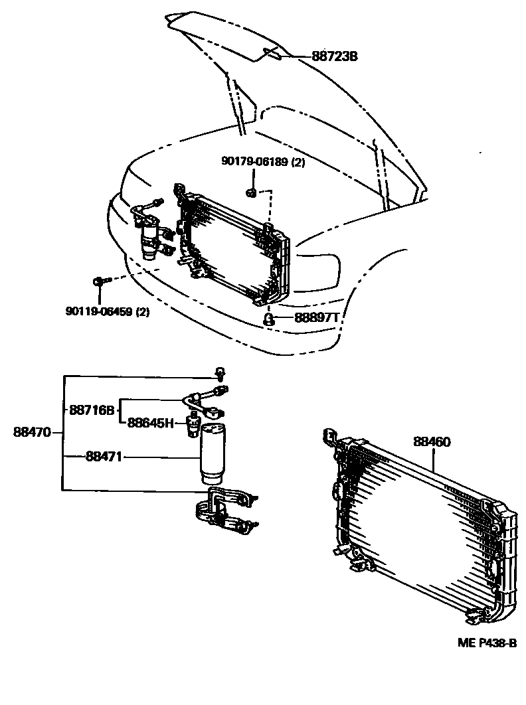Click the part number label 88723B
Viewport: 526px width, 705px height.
coord(335,57)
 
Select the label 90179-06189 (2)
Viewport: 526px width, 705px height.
coord(263,161)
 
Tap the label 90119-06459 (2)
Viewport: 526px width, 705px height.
coord(108,311)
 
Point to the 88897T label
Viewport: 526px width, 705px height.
coord(316,318)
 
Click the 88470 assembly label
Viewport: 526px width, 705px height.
coord(32,432)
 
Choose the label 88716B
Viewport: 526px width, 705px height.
coord(92,410)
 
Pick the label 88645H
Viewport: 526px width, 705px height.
coord(151,422)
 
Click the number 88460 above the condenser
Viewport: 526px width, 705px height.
coord(432,441)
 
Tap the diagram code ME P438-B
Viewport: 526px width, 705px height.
coord(486,643)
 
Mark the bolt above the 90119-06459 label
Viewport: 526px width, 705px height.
coord(98,282)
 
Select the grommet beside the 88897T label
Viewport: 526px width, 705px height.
coord(268,319)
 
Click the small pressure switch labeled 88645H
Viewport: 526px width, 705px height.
coord(193,423)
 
